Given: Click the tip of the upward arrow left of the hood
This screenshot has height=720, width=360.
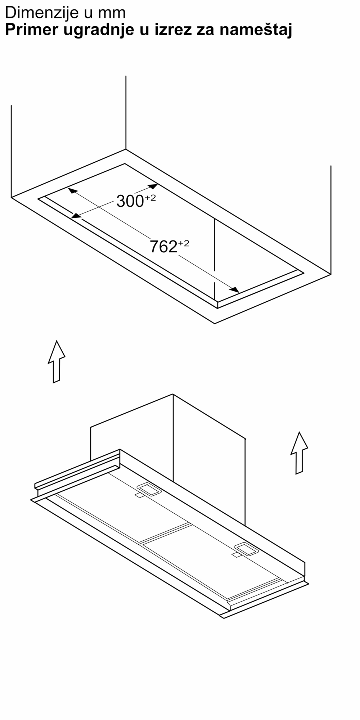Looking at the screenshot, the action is [57, 340].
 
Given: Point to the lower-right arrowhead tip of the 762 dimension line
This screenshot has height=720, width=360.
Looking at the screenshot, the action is [239, 292].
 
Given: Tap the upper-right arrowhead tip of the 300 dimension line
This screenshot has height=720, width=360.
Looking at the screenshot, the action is [158, 184].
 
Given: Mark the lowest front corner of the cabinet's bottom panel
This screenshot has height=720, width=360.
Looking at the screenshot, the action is [215, 324].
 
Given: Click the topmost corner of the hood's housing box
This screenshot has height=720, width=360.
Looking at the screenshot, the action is [173, 394].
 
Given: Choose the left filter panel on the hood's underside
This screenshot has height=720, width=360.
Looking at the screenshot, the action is [122, 508].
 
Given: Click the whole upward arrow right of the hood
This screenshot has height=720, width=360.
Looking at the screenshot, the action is [299, 453].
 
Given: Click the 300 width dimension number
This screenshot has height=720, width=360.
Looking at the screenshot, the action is [130, 202].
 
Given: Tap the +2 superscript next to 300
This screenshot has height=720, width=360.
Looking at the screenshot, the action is [150, 198].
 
